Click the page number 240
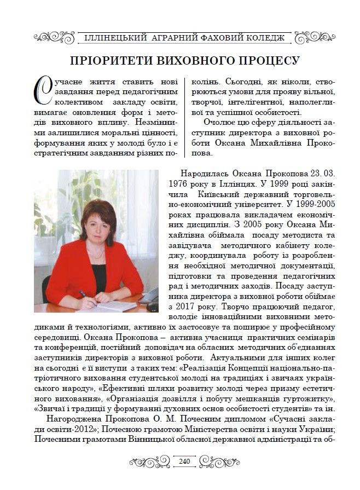tap(184, 462)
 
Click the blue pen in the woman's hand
tap(84, 296)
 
